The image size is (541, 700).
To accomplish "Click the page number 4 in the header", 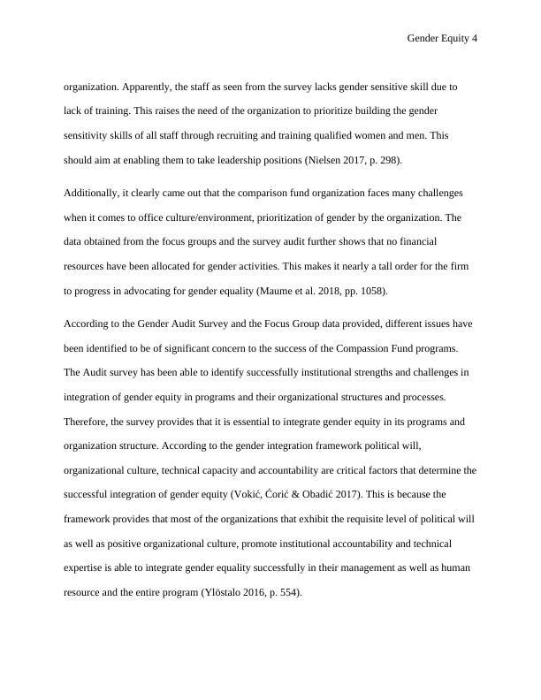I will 475,39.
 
